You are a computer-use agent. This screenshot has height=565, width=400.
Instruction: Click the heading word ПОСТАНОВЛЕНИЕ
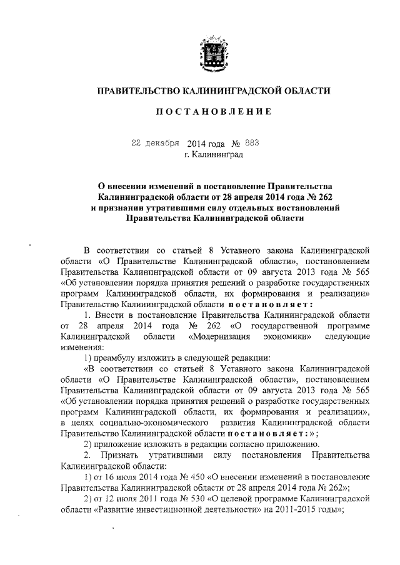213,112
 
